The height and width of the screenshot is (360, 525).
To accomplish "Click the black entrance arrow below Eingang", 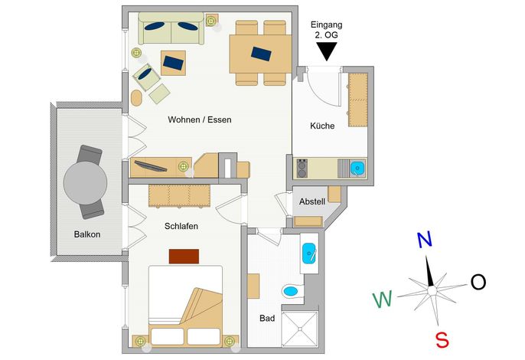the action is (326, 51).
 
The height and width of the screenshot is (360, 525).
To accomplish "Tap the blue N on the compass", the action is (425, 240).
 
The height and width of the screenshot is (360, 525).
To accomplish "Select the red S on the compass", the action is (442, 340).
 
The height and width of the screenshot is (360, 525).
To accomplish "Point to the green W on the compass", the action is (383, 299).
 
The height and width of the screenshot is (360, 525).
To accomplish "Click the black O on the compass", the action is (478, 282).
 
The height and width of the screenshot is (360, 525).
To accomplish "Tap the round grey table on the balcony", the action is (86, 183).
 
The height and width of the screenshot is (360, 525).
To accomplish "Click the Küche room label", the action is (322, 126).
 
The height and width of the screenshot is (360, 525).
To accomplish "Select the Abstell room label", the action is (312, 201).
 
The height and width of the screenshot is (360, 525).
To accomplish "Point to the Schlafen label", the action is (181, 226).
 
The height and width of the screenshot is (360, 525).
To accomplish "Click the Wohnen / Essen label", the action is (200, 119).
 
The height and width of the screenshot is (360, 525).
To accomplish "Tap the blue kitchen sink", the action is (357, 168).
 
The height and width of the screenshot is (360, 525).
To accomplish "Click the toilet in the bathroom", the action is (292, 290).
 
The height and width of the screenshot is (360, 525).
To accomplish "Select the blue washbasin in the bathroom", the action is (308, 254).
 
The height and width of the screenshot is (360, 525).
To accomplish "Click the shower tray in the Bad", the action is (299, 329).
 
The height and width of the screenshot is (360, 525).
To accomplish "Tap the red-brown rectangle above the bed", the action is (184, 257).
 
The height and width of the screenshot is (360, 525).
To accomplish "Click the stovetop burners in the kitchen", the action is (302, 169).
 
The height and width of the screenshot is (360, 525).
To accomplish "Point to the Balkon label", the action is (87, 234).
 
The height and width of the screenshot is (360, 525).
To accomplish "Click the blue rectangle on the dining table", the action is (261, 54).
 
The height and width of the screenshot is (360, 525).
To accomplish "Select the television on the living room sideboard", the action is (150, 166).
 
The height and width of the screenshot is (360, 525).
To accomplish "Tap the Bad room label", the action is (267, 318).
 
